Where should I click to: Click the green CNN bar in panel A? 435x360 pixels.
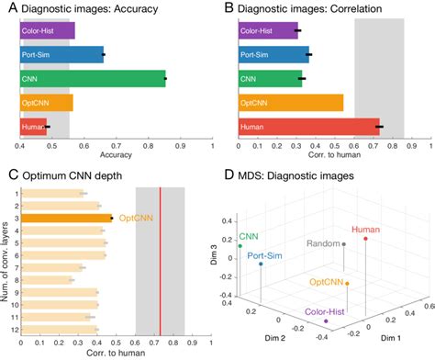pos(92,79)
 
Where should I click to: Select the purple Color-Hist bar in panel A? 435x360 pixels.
pos(47,30)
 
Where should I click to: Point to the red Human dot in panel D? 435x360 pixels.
pos(366,239)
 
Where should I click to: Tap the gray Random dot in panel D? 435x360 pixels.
pos(343,244)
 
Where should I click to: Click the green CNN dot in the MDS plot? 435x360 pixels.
pos(240,245)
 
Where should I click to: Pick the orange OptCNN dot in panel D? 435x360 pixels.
pos(347,282)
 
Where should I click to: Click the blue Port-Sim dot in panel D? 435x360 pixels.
pos(262,264)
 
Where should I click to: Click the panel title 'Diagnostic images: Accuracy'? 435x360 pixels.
pos(84,8)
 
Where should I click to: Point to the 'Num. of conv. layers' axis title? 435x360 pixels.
pos(7,260)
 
